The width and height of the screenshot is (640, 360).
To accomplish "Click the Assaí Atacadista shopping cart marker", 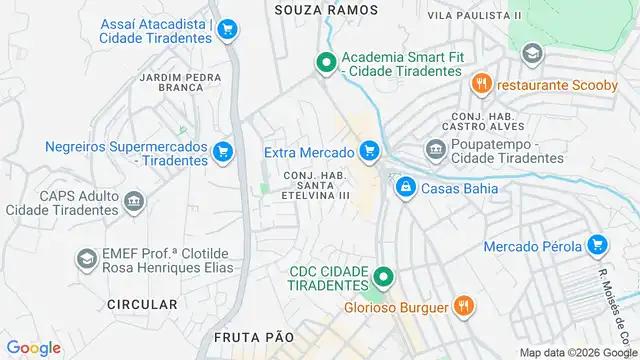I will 227,30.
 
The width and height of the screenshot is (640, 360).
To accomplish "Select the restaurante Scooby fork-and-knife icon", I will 482,85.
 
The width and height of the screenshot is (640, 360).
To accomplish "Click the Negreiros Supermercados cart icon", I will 223,153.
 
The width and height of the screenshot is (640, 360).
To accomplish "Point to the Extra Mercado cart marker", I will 370,152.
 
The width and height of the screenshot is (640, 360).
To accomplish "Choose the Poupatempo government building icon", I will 435,151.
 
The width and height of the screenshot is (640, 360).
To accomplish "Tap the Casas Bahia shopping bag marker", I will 405,187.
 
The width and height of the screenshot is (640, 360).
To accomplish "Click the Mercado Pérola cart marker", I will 597,245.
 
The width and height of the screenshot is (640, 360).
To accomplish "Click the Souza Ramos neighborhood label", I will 327,9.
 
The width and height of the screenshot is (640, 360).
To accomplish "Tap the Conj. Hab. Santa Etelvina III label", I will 318,185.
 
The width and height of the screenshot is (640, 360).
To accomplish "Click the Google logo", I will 33,348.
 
